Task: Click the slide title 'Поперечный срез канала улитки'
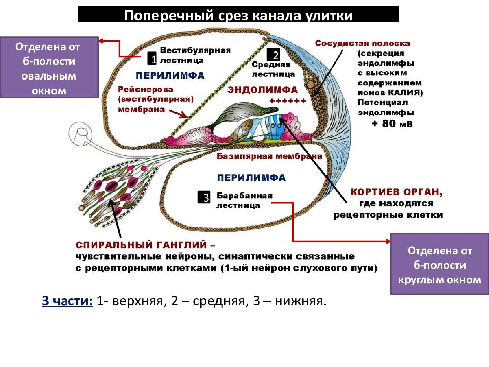coord(238,15)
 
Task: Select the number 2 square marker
coord(275,55)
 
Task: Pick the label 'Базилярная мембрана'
coord(269,156)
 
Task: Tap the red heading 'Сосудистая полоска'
coord(362,44)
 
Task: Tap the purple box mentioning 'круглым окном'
coord(440,265)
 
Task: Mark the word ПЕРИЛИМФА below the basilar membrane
coord(251,178)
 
